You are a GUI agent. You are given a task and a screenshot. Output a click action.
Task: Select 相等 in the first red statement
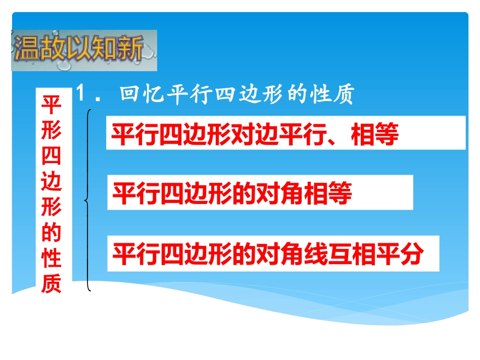[x=374, y=135]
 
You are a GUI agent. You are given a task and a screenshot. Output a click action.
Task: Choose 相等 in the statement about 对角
[x=328, y=194]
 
